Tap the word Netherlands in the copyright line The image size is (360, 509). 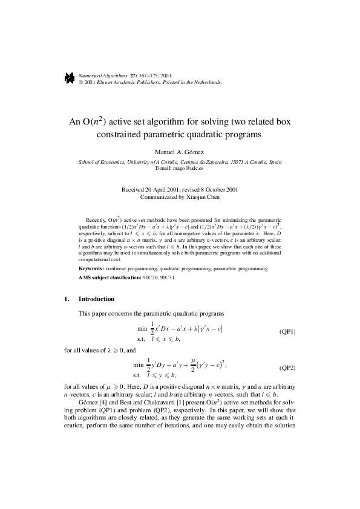[x=206, y=82]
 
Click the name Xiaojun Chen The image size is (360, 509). [x=203, y=196]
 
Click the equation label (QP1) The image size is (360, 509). [x=287, y=332]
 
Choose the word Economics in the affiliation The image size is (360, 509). [x=111, y=162]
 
